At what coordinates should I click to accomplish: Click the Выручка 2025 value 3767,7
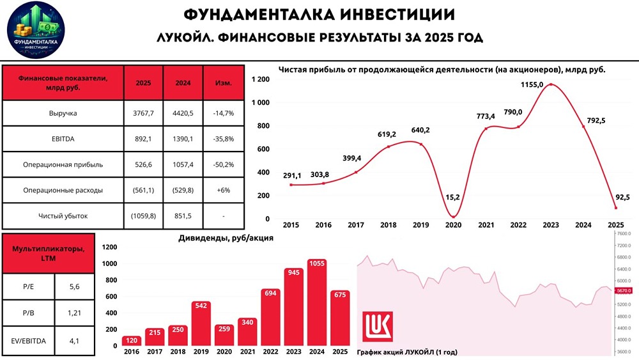click(x=144, y=113)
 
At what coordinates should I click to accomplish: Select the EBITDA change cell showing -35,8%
click(x=223, y=139)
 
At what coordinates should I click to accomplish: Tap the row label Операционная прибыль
click(x=63, y=164)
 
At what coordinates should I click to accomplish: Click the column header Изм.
click(x=223, y=83)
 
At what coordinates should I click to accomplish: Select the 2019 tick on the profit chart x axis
click(x=420, y=226)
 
